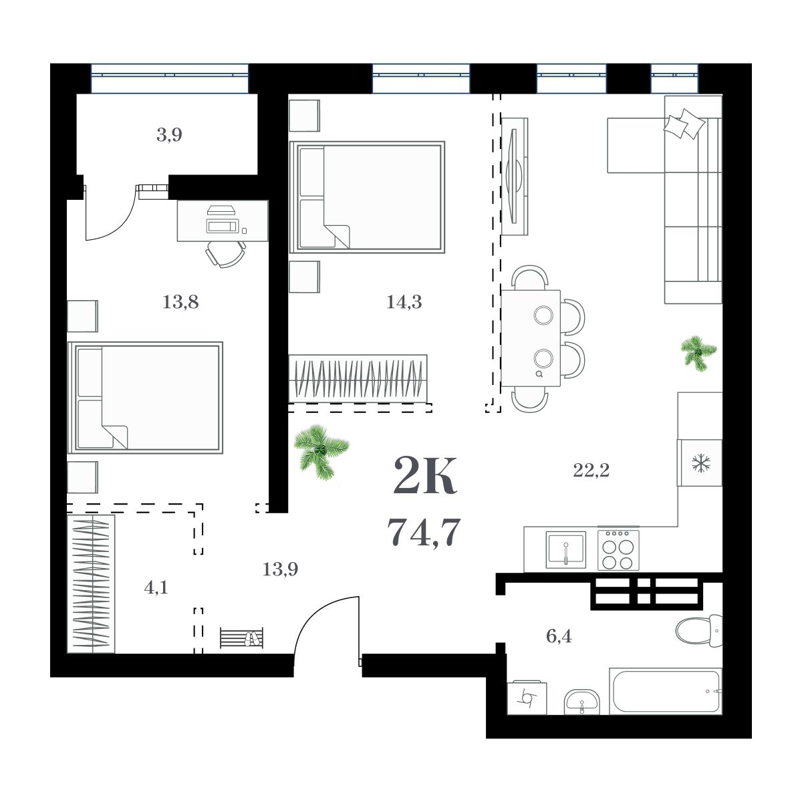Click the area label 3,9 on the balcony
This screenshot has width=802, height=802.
169,136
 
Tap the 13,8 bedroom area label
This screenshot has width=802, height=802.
180,303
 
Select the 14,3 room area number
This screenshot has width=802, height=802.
404,303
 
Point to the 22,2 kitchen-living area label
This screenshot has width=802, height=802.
591,471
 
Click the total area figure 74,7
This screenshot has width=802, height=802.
424,533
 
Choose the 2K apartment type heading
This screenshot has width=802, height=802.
425,475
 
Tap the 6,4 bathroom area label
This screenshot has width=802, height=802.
559,636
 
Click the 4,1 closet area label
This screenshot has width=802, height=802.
156,588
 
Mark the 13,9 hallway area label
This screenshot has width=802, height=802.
280,569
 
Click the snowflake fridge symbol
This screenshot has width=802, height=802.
700,462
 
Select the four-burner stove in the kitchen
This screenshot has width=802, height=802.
618,549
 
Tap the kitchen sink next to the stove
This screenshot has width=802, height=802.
565,549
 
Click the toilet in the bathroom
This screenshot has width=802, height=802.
697,630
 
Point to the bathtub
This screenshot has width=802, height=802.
666,690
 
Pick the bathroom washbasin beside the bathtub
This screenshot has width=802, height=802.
581,702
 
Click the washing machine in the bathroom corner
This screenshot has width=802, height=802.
527,698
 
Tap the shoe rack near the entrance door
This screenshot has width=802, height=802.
241,638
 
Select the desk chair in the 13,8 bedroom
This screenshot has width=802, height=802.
225,254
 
